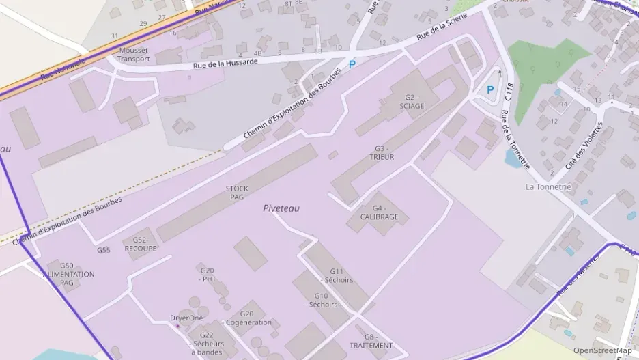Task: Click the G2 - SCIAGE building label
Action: (412, 102)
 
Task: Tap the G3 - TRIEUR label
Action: (382, 153)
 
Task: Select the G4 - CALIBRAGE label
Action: (380, 212)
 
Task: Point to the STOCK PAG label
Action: (237, 193)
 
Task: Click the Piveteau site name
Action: (281, 208)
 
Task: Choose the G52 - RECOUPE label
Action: (141, 245)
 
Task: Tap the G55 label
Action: (104, 250)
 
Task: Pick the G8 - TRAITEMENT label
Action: (369, 341)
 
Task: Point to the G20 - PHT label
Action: (208, 275)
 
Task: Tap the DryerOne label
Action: (186, 318)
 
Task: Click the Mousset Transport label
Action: (133, 55)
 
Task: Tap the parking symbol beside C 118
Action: (490, 89)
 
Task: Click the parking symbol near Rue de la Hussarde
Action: (352, 64)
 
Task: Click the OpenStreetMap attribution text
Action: (602, 350)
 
